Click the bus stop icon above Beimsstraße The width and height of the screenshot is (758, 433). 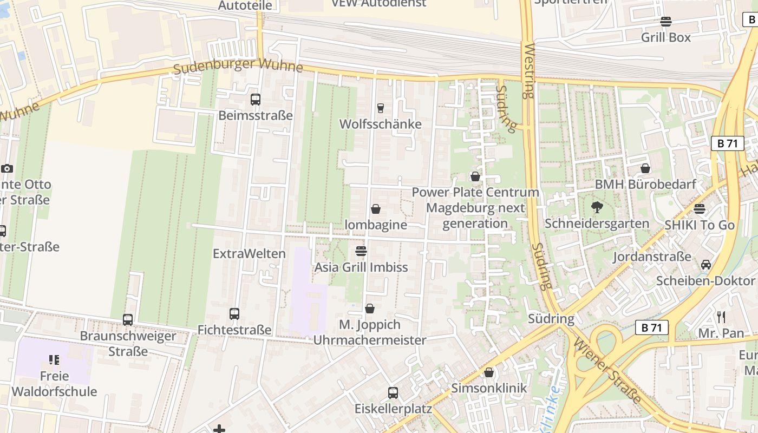click(x=256, y=100)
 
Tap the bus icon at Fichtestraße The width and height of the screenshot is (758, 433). click(x=234, y=314)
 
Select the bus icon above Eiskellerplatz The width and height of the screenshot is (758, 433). click(x=393, y=392)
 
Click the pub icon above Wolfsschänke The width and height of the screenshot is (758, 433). click(x=380, y=108)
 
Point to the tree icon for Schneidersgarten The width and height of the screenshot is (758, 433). click(x=597, y=207)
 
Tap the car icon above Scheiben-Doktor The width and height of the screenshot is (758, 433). click(x=705, y=265)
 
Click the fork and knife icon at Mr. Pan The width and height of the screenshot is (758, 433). click(x=721, y=317)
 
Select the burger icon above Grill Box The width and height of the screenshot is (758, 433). click(x=666, y=22)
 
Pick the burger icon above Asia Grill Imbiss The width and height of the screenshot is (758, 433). click(x=361, y=251)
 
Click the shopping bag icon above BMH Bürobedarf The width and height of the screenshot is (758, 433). click(x=645, y=168)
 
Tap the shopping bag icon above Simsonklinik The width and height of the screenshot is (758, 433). click(x=489, y=372)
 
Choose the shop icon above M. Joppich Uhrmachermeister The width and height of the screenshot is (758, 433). click(x=370, y=309)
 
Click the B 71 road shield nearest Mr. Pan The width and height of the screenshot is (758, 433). click(x=652, y=327)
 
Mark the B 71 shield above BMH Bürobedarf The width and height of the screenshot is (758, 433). click(x=727, y=143)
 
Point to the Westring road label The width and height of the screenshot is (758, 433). click(x=528, y=70)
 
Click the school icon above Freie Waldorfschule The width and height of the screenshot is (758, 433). click(x=54, y=359)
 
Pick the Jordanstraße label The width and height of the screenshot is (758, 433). click(x=652, y=257)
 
